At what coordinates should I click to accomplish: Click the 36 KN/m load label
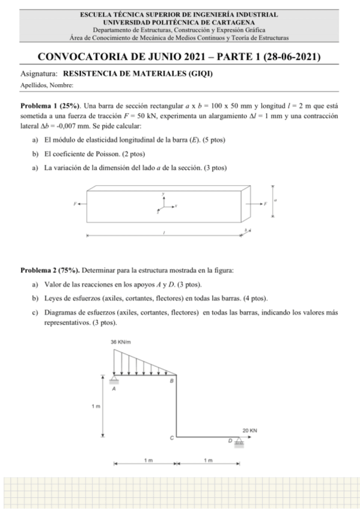tap(122, 342)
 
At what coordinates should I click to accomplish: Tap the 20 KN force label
tap(250, 431)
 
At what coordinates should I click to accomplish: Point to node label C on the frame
tap(172, 438)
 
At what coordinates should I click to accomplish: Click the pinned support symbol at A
tap(114, 378)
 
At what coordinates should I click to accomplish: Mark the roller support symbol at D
tap(239, 442)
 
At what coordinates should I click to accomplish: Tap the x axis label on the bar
tap(175, 205)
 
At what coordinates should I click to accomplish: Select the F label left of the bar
tap(74, 204)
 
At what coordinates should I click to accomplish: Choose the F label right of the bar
tap(264, 204)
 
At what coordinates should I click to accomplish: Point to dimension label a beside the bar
tap(275, 200)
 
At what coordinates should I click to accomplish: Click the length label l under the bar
tap(163, 232)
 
